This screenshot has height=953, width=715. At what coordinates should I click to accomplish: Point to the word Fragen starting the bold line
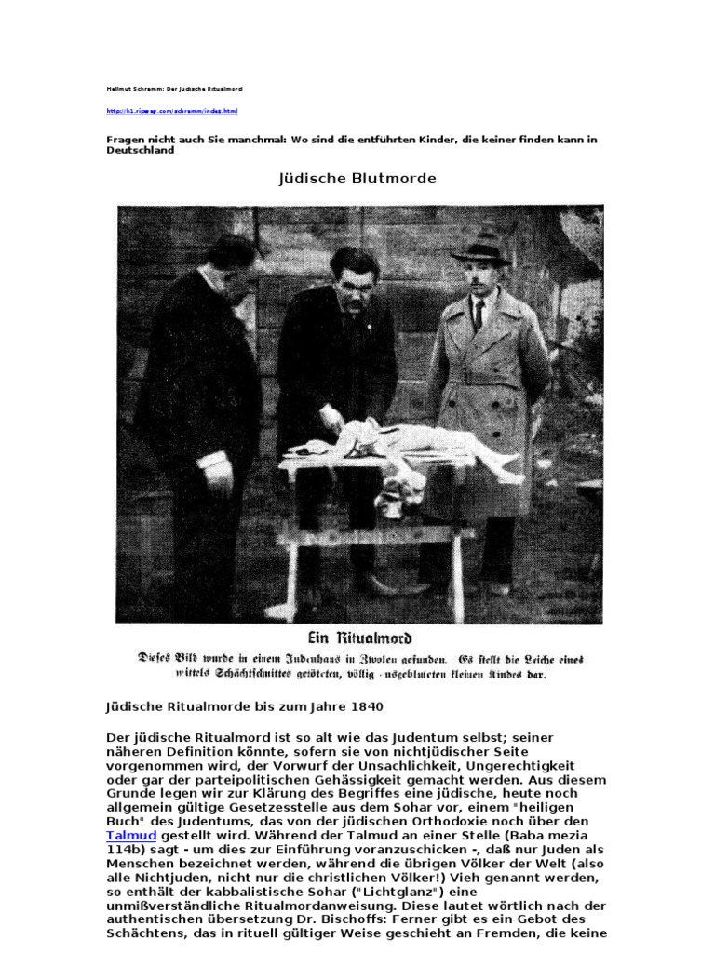coord(127,140)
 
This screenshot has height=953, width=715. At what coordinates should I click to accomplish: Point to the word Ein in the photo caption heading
coord(308,639)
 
